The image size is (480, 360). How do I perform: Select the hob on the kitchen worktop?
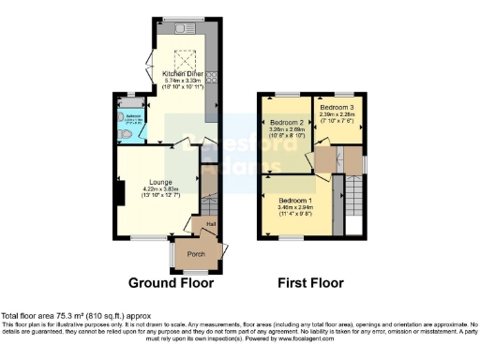click(212, 77)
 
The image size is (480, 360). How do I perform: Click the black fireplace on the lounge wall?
click(119, 192)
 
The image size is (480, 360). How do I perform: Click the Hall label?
click(211, 223)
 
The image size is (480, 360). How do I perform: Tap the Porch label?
click(198, 253)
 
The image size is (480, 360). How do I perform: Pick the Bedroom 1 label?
click(296, 201)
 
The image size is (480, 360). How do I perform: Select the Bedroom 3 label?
click(337, 107)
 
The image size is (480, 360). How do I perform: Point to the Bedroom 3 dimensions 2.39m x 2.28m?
click(337, 113)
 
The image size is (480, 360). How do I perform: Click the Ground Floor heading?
click(171, 282)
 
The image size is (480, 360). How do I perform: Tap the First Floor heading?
click(310, 282)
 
